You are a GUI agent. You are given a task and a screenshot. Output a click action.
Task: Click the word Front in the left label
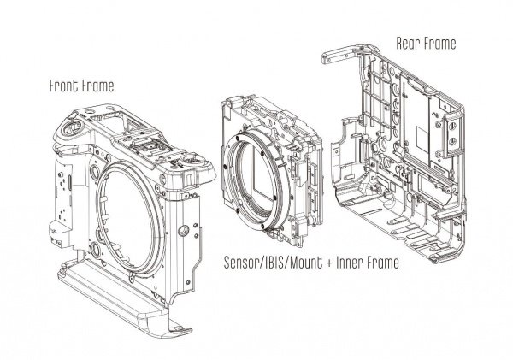64,86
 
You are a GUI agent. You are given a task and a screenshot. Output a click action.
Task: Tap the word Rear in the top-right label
410,42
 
